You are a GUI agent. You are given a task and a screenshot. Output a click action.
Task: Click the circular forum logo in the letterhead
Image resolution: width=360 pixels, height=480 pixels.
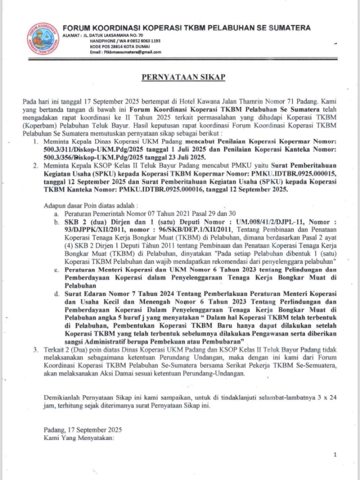tap(43, 39)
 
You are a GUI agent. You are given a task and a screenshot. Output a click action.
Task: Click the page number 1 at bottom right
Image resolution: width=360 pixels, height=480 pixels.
tap(335, 454)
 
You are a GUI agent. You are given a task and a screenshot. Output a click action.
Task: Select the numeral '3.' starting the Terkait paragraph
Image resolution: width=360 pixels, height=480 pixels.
tap(36, 349)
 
